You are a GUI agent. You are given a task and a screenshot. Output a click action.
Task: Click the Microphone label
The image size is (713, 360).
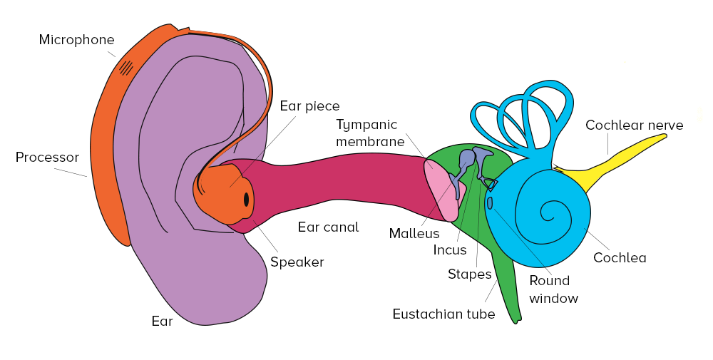point(76,40)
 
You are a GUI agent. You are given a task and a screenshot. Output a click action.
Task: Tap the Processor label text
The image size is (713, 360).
point(47,157)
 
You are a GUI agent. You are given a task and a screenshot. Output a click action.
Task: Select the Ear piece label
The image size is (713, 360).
point(309,106)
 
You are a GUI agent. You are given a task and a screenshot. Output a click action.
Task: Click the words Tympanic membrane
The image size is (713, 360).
point(371,133)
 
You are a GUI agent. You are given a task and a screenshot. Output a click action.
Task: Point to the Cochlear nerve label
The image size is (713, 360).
point(634,125)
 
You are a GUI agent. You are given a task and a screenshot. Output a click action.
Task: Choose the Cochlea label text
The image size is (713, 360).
point(620,257)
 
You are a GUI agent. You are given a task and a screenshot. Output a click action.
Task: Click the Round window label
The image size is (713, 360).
point(553,289)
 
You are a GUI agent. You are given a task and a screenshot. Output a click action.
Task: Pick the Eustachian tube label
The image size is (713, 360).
point(443,314)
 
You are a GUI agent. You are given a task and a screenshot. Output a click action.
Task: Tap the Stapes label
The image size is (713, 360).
point(469,274)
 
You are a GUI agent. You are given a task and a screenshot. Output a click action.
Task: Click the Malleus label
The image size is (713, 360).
point(414,233)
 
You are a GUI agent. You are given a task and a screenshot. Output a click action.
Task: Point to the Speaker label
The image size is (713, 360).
point(297,262)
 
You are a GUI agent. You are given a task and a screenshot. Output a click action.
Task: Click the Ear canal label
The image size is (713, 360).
point(328,227)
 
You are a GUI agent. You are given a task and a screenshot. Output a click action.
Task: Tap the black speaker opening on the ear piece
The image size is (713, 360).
point(246,200)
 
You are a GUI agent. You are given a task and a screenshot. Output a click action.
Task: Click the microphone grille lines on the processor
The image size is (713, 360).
point(126,68)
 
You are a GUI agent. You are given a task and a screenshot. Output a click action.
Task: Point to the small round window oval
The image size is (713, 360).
point(490,203)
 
